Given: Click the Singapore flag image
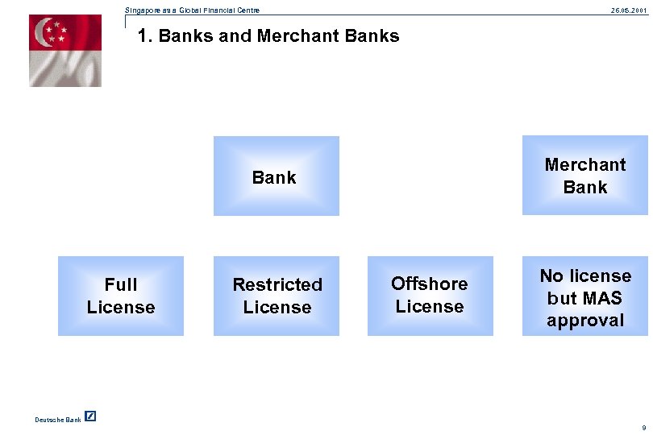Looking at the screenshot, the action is coord(65,50).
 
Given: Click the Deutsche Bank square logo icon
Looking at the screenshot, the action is coord(90,416).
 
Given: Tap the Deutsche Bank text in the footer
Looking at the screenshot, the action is coord(58,419).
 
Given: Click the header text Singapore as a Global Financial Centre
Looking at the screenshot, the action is coord(193,10).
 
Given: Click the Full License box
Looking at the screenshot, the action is coord(121,296).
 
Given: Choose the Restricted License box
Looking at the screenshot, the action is coord(277,296).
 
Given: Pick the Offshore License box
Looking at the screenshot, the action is coord(430,296).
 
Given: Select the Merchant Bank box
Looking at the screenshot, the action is coord(585,176).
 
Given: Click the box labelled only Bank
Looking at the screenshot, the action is coord(275,176).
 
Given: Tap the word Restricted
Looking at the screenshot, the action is coord(277,284).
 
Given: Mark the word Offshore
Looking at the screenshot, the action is coord(430,284).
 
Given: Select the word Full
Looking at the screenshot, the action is coord(121,284).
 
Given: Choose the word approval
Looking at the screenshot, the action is coord(585,320).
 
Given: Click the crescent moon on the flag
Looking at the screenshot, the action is coord(42,33).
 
